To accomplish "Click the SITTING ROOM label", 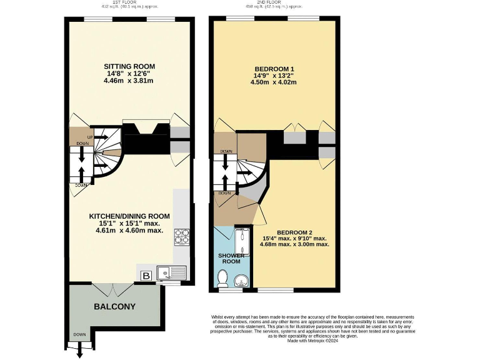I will point(129,66).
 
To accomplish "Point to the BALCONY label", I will point(114,307).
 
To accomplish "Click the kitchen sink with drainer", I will point(170,273).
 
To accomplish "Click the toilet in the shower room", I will point(222,278).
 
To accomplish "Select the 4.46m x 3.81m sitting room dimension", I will point(129,81).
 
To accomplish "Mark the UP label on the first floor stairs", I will point(89,137).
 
